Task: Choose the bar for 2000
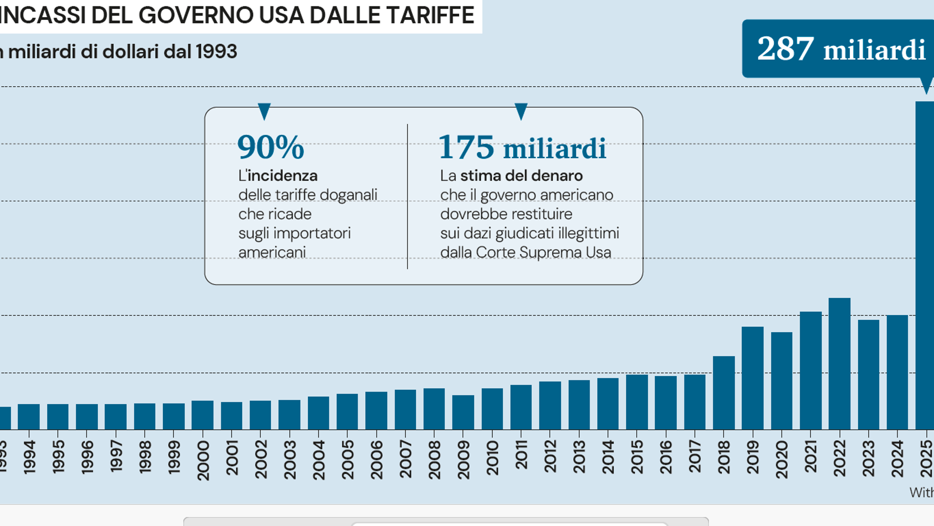click(202, 415)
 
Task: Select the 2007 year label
click(405, 459)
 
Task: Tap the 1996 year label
click(87, 457)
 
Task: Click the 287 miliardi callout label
click(841, 49)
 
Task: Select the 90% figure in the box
click(270, 147)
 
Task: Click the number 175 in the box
click(466, 147)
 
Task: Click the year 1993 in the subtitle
click(216, 52)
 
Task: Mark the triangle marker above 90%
click(264, 111)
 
